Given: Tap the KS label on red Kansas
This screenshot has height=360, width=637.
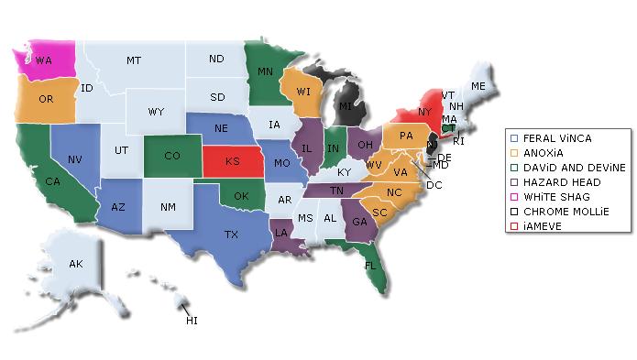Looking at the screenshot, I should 232,160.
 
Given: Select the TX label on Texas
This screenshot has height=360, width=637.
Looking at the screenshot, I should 232,235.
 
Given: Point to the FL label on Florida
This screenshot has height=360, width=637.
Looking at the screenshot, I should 370,266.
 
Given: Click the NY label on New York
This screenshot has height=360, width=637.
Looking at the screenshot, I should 423,111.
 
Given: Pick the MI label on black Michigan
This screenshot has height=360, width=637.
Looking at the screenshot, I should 345,107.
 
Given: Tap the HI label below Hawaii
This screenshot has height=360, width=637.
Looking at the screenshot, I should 192,321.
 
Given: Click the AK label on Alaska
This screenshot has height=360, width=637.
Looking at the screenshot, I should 76,264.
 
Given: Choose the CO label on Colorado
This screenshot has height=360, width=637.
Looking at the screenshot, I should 172,156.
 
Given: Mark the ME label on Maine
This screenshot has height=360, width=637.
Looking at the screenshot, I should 478,85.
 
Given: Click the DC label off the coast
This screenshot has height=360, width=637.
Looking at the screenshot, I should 434,185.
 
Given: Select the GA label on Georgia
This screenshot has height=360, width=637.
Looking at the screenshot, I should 359,221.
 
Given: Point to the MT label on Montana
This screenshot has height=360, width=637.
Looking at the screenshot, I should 134,60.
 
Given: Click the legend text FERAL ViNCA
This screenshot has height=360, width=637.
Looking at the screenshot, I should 557,137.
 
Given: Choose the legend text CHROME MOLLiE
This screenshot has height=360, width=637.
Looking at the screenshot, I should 562,212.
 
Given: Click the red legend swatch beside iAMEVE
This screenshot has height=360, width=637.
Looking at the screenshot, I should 515,226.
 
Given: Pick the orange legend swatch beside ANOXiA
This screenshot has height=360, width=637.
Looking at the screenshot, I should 515,152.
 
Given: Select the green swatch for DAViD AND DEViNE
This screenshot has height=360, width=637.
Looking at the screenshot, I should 515,167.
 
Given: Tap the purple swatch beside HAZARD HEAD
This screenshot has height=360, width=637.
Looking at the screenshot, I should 515,182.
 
